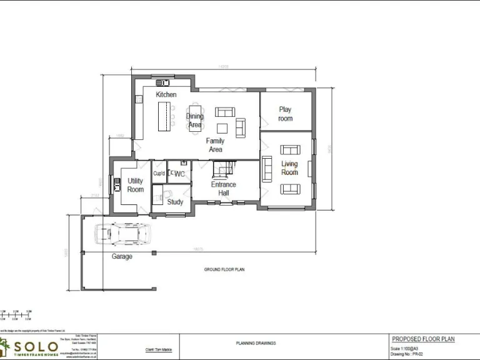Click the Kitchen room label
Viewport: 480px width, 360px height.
coord(166,94)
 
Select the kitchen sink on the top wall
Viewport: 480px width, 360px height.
coord(163,82)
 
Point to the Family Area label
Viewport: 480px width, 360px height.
coord(216,145)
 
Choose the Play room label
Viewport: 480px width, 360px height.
coord(285,114)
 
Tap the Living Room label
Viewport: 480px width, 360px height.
coord(289,168)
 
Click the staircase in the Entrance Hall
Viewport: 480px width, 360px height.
coord(223,169)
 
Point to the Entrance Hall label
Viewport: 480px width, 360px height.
coord(223,189)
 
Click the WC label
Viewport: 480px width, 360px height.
coord(180,174)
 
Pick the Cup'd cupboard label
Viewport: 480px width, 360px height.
coord(159,174)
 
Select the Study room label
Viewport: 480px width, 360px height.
coord(175,202)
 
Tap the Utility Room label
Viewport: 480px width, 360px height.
coord(135,185)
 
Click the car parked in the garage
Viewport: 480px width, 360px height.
coord(122,234)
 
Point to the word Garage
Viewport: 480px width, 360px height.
coord(122,256)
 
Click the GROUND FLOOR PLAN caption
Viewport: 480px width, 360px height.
coord(224,269)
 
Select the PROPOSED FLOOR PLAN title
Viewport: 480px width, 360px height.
coord(422,339)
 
